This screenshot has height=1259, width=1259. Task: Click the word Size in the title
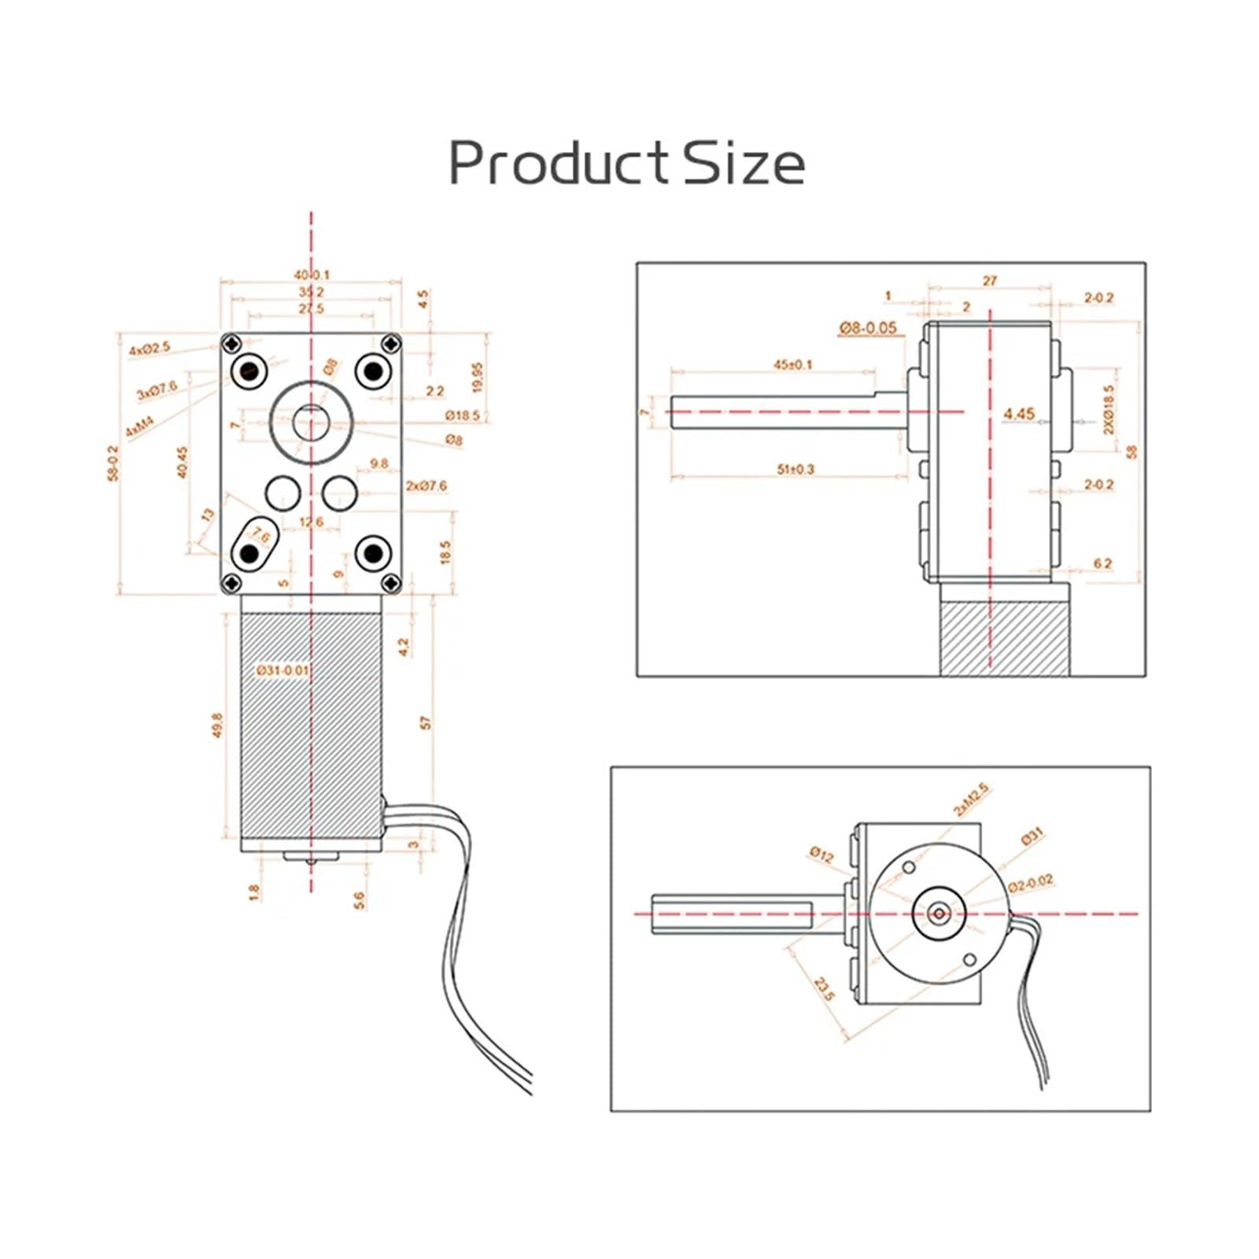pyautogui.click(x=744, y=163)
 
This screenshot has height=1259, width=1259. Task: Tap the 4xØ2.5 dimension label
pyautogui.click(x=150, y=347)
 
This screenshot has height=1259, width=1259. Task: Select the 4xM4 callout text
pyautogui.click(x=139, y=428)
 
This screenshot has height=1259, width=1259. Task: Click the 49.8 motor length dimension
pyautogui.click(x=218, y=725)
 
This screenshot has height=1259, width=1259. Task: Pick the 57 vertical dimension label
pyautogui.click(x=426, y=722)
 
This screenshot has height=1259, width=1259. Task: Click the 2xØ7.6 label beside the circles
pyautogui.click(x=426, y=486)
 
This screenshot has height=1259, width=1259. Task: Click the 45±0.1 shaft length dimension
pyautogui.click(x=792, y=364)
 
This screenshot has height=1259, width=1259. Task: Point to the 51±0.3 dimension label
pyautogui.click(x=796, y=469)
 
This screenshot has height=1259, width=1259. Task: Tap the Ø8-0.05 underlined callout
pyautogui.click(x=867, y=327)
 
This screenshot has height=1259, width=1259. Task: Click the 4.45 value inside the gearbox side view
pyautogui.click(x=1019, y=413)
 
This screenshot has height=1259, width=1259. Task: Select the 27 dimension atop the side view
pyautogui.click(x=990, y=280)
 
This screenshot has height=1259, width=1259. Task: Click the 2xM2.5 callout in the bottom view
pyautogui.click(x=970, y=799)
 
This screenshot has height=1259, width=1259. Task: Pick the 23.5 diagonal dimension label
pyautogui.click(x=823, y=989)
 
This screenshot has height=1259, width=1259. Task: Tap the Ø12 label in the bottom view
pyautogui.click(x=821, y=854)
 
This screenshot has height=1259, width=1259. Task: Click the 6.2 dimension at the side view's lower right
pyautogui.click(x=1102, y=563)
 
